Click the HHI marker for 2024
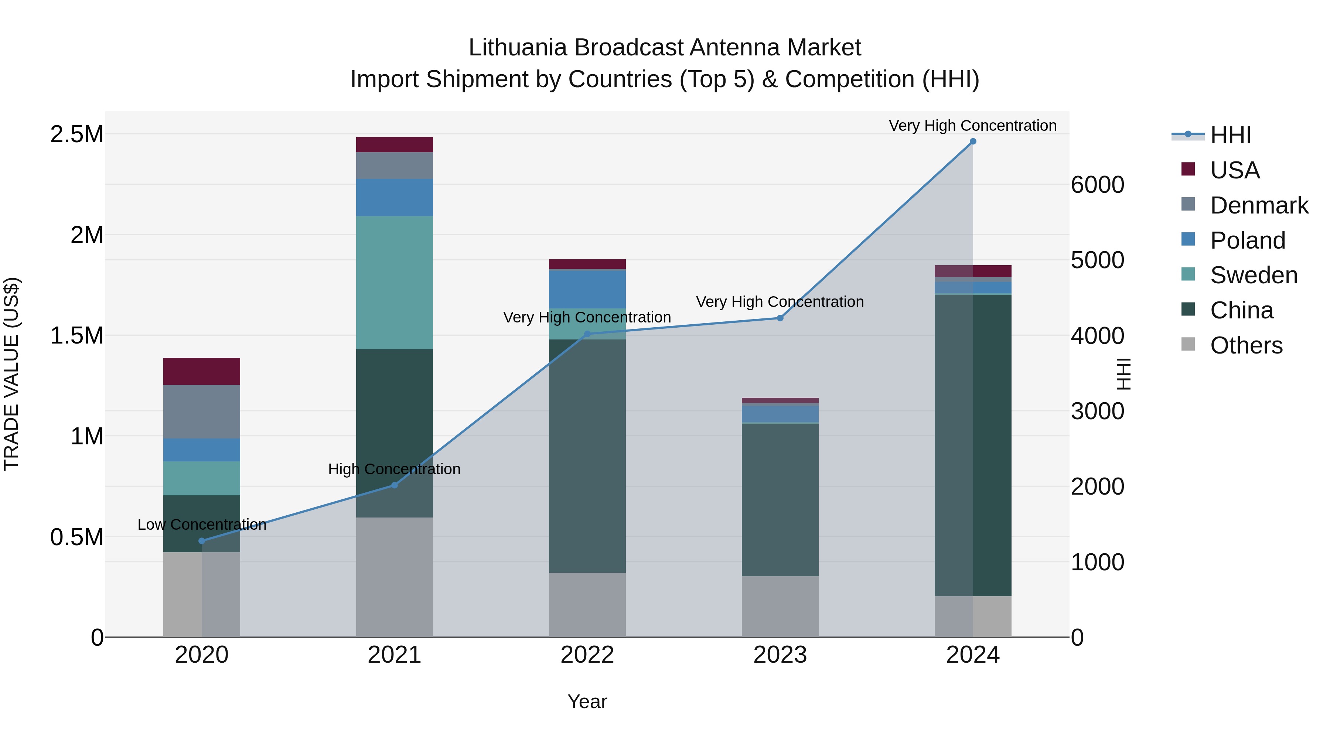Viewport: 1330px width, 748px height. click(973, 141)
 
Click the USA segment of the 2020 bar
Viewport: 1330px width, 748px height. click(202, 371)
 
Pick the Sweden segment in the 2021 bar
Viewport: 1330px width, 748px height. click(395, 282)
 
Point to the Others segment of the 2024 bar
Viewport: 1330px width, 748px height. click(973, 616)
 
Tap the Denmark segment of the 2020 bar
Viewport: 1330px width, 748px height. click(202, 411)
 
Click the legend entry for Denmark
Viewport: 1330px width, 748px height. click(1259, 205)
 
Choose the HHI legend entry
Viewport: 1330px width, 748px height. click(1230, 135)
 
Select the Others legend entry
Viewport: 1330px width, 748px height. click(1245, 345)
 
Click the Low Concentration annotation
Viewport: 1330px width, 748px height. click(202, 525)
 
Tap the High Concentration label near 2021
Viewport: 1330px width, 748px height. click(395, 469)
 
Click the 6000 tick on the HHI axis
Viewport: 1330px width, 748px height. click(1097, 185)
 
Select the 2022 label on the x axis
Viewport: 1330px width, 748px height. click(587, 655)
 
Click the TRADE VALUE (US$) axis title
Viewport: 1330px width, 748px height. click(11, 374)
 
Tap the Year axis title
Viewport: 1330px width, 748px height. click(587, 701)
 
